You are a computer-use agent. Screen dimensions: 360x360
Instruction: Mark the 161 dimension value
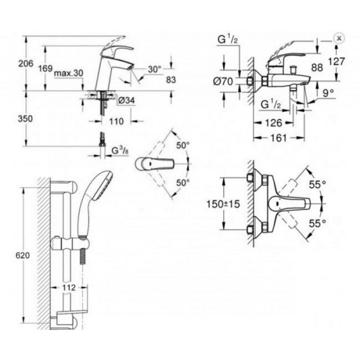coord(278,138)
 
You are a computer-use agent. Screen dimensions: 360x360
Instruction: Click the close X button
coord(338,38)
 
